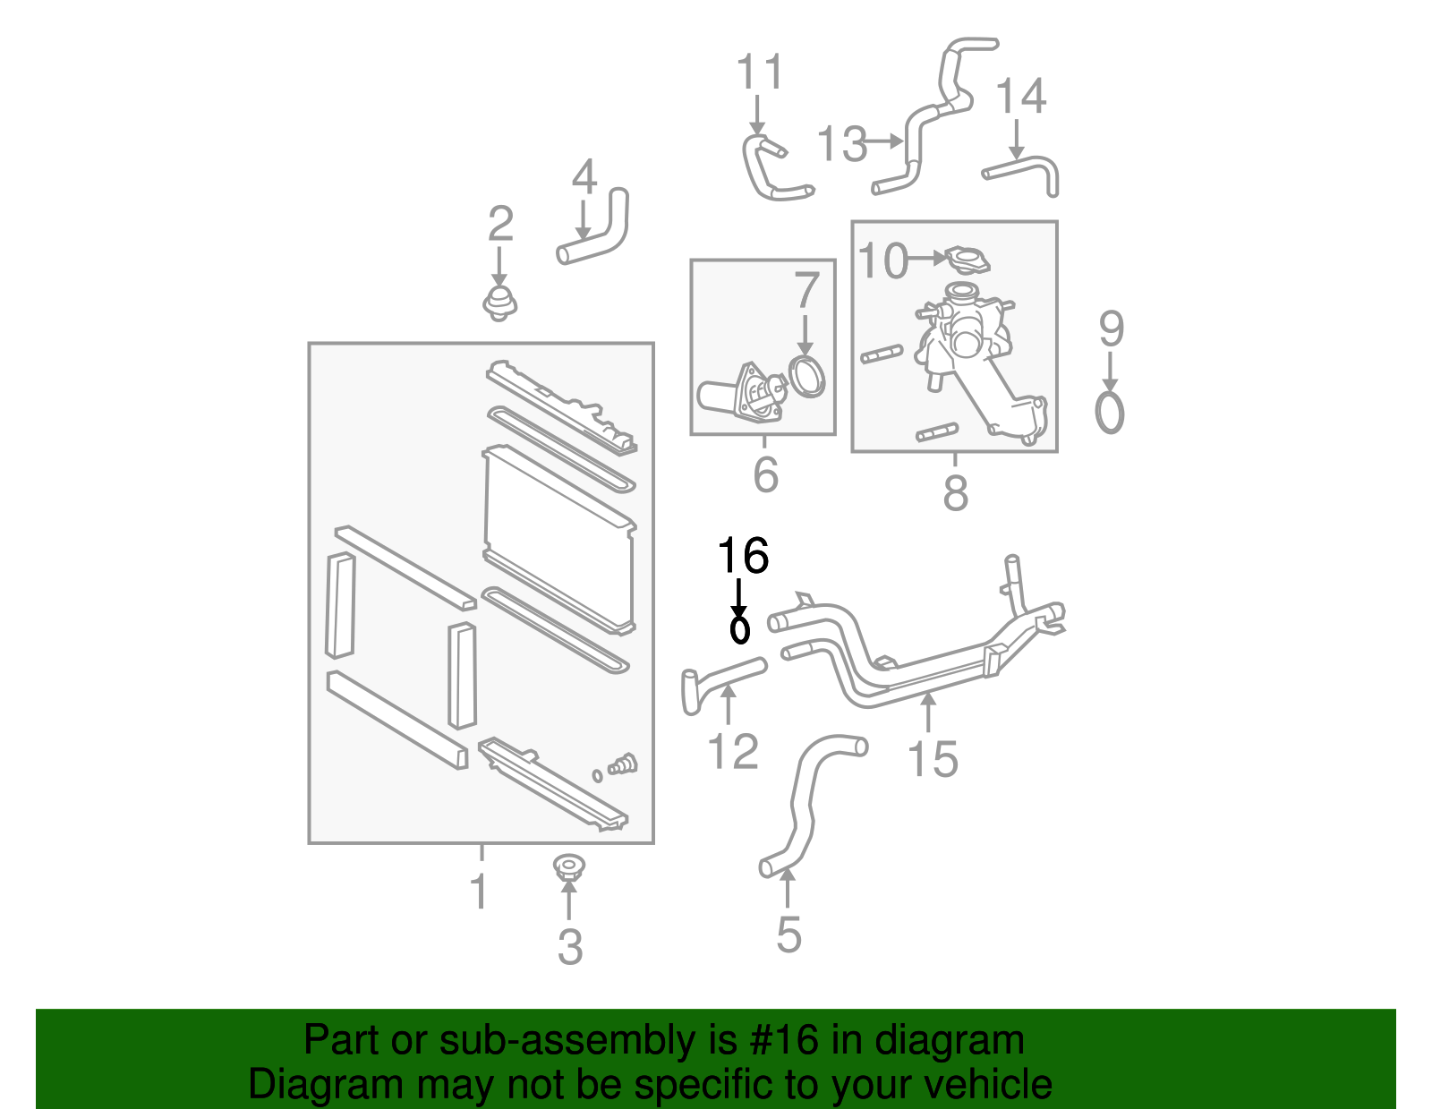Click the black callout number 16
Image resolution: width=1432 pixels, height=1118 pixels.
(x=743, y=555)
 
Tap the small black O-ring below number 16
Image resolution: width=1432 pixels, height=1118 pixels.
(x=740, y=630)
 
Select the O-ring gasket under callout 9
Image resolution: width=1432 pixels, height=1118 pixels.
(x=1109, y=413)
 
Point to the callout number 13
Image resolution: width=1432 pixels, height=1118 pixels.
(x=842, y=143)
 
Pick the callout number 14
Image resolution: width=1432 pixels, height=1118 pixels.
(x=1021, y=96)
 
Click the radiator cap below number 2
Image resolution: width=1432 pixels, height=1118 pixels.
(x=499, y=303)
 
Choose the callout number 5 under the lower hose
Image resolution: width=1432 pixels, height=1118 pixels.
(x=788, y=935)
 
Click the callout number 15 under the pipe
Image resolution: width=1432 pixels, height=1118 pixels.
(x=933, y=759)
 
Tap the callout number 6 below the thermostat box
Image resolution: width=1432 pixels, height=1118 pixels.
(x=766, y=474)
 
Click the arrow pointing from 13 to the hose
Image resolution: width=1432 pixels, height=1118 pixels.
(x=883, y=141)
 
